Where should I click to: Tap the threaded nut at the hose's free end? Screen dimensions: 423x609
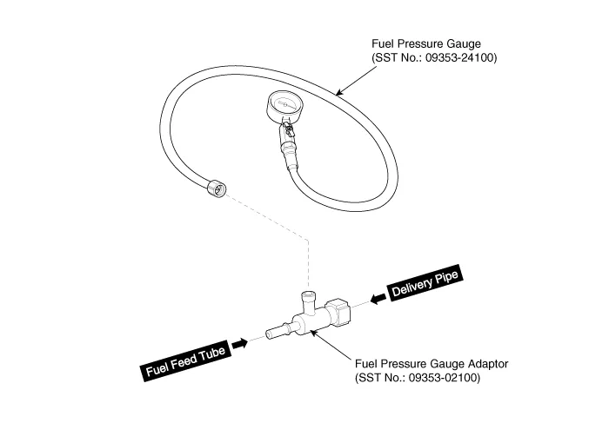216,186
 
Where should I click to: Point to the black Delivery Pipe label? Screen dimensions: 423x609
424,288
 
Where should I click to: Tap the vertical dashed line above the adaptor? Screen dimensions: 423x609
307,261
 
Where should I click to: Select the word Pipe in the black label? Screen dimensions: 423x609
445,280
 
